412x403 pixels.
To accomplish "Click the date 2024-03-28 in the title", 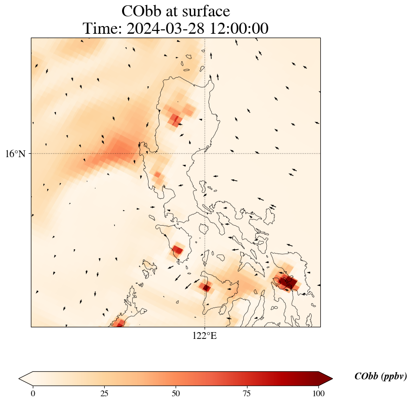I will (164, 28).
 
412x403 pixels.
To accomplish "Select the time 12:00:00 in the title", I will (238, 28).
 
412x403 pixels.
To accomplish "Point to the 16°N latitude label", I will (15, 154).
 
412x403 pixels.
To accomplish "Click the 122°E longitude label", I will (205, 336).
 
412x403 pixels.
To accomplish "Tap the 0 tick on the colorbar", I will (33, 393).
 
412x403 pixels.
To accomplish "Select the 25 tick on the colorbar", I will (104, 393).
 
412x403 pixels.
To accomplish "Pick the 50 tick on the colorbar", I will (176, 393).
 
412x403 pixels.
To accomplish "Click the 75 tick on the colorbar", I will (247, 393).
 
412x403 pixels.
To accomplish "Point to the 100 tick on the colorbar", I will (318, 393).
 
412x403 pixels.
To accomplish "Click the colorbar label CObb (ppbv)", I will (380, 376).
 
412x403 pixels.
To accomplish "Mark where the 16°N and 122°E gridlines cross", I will (205, 153).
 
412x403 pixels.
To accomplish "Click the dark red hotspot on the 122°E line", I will (206, 287).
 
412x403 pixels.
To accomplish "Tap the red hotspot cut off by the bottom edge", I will (120, 322).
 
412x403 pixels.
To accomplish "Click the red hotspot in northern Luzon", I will (175, 119).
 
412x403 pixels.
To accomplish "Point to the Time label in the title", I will (103, 28).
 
